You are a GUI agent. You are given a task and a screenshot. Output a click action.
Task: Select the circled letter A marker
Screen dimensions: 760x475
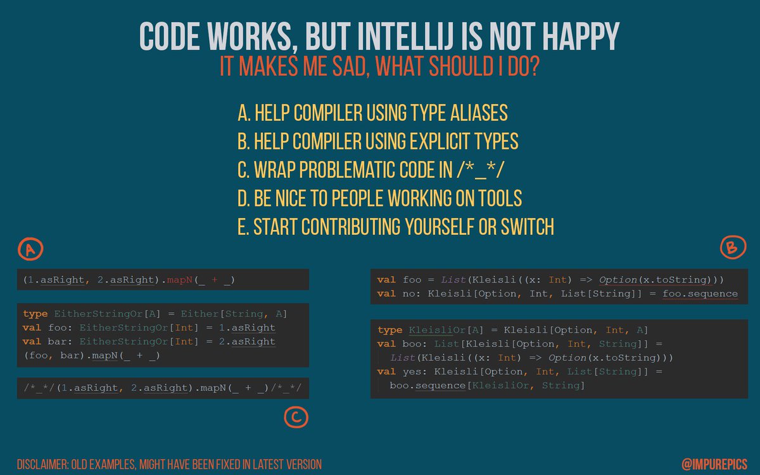coord(30,250)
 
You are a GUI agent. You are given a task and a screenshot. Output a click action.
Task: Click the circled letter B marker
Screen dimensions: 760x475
coord(733,247)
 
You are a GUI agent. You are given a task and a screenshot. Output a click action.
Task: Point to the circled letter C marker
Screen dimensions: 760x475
coord(296,417)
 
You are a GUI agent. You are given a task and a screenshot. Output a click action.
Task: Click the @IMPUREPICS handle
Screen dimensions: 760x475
coord(714,464)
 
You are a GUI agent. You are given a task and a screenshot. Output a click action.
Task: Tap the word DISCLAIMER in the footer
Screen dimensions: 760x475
coord(42,464)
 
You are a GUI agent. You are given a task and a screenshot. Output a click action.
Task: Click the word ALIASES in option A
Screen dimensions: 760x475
coord(479,113)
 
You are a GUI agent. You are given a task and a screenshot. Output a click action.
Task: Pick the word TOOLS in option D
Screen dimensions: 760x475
coord(500,198)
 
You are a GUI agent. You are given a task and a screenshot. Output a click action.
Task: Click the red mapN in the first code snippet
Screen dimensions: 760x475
coord(179,280)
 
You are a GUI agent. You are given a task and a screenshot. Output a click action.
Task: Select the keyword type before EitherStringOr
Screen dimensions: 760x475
coord(35,314)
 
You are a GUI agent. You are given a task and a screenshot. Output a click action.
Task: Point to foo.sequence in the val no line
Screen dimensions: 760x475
coord(700,294)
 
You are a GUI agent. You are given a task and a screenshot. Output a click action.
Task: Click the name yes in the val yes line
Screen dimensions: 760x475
coord(412,372)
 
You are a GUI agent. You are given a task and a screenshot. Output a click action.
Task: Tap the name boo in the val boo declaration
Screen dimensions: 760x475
coord(412,344)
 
